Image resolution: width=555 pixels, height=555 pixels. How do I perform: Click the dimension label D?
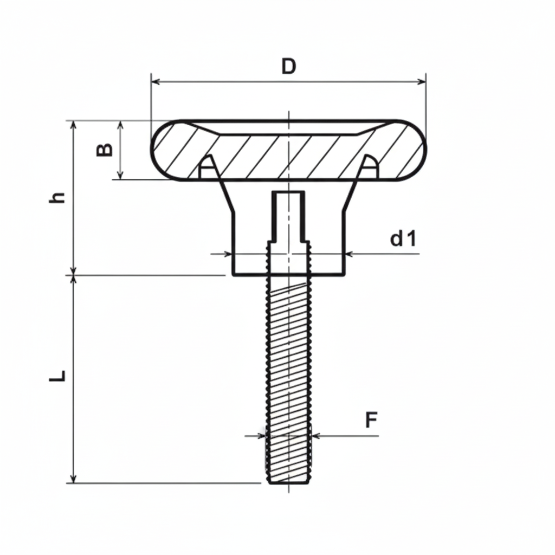pyautogui.click(x=289, y=66)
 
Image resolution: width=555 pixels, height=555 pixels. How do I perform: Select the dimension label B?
pyautogui.click(x=105, y=150)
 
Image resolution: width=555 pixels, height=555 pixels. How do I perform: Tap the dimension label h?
pyautogui.click(x=57, y=197)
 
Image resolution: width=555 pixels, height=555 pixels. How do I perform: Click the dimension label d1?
pyautogui.click(x=403, y=238)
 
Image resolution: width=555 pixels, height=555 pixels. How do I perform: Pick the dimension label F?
pyautogui.click(x=371, y=420)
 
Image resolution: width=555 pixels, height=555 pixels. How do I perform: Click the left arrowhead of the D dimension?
pyautogui.click(x=155, y=82)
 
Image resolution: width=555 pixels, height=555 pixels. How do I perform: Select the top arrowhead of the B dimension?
pyautogui.click(x=121, y=124)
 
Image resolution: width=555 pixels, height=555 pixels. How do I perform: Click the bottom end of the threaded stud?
pyautogui.click(x=289, y=482)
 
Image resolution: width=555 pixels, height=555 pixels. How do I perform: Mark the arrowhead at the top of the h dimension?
pyautogui.click(x=74, y=124)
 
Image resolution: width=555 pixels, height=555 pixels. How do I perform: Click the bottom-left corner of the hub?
pyautogui.click(x=233, y=275)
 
